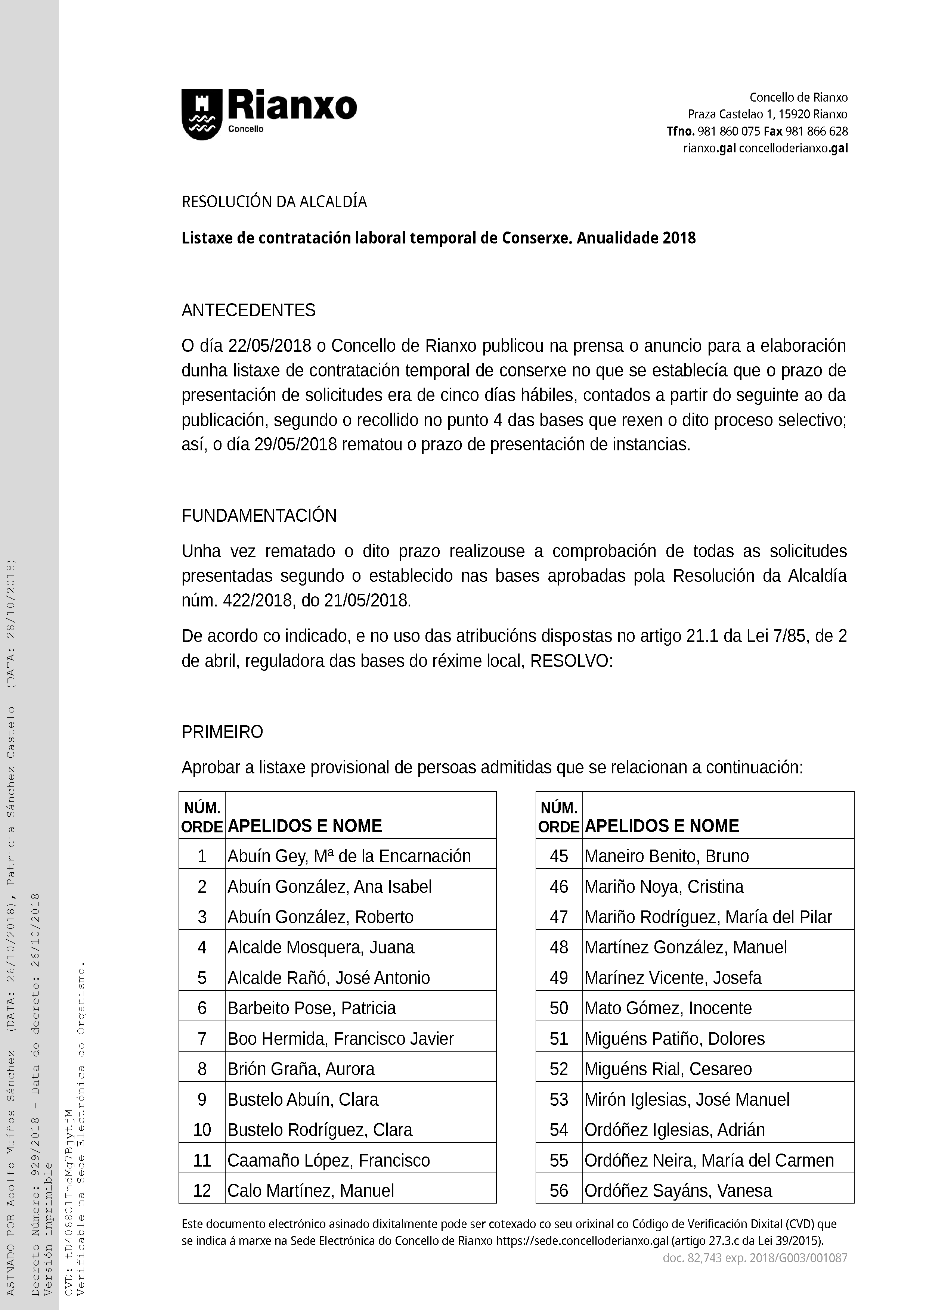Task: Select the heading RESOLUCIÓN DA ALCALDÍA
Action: (x=274, y=202)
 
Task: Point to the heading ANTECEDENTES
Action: (x=248, y=310)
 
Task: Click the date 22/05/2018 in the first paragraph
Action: (x=269, y=346)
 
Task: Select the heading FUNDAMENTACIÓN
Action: (x=259, y=516)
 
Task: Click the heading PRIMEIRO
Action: (x=222, y=732)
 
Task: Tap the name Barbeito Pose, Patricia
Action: (x=312, y=1008)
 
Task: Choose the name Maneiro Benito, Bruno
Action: (x=666, y=856)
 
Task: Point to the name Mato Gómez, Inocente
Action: (x=668, y=1008)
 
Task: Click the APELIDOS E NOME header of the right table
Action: (x=662, y=826)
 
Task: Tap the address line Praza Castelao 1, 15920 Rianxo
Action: (x=767, y=114)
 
